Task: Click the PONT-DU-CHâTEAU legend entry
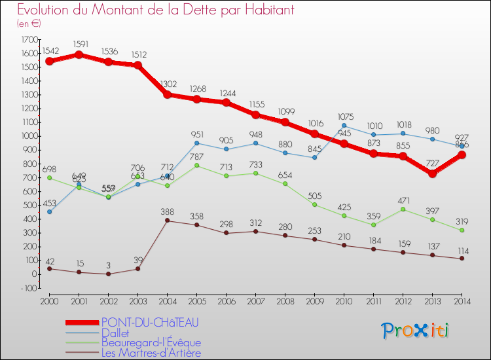click(150, 322)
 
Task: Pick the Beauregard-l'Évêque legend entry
click(151, 343)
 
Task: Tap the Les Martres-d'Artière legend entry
click(151, 353)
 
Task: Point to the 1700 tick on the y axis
click(29, 39)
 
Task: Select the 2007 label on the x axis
click(255, 300)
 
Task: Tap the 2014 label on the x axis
click(462, 300)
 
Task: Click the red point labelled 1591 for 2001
click(79, 54)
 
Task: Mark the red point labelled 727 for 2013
click(432, 173)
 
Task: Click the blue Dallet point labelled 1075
click(344, 126)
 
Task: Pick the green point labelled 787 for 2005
click(196, 166)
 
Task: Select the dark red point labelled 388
click(167, 221)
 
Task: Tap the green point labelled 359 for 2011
click(373, 225)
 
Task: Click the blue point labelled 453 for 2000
click(49, 211)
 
